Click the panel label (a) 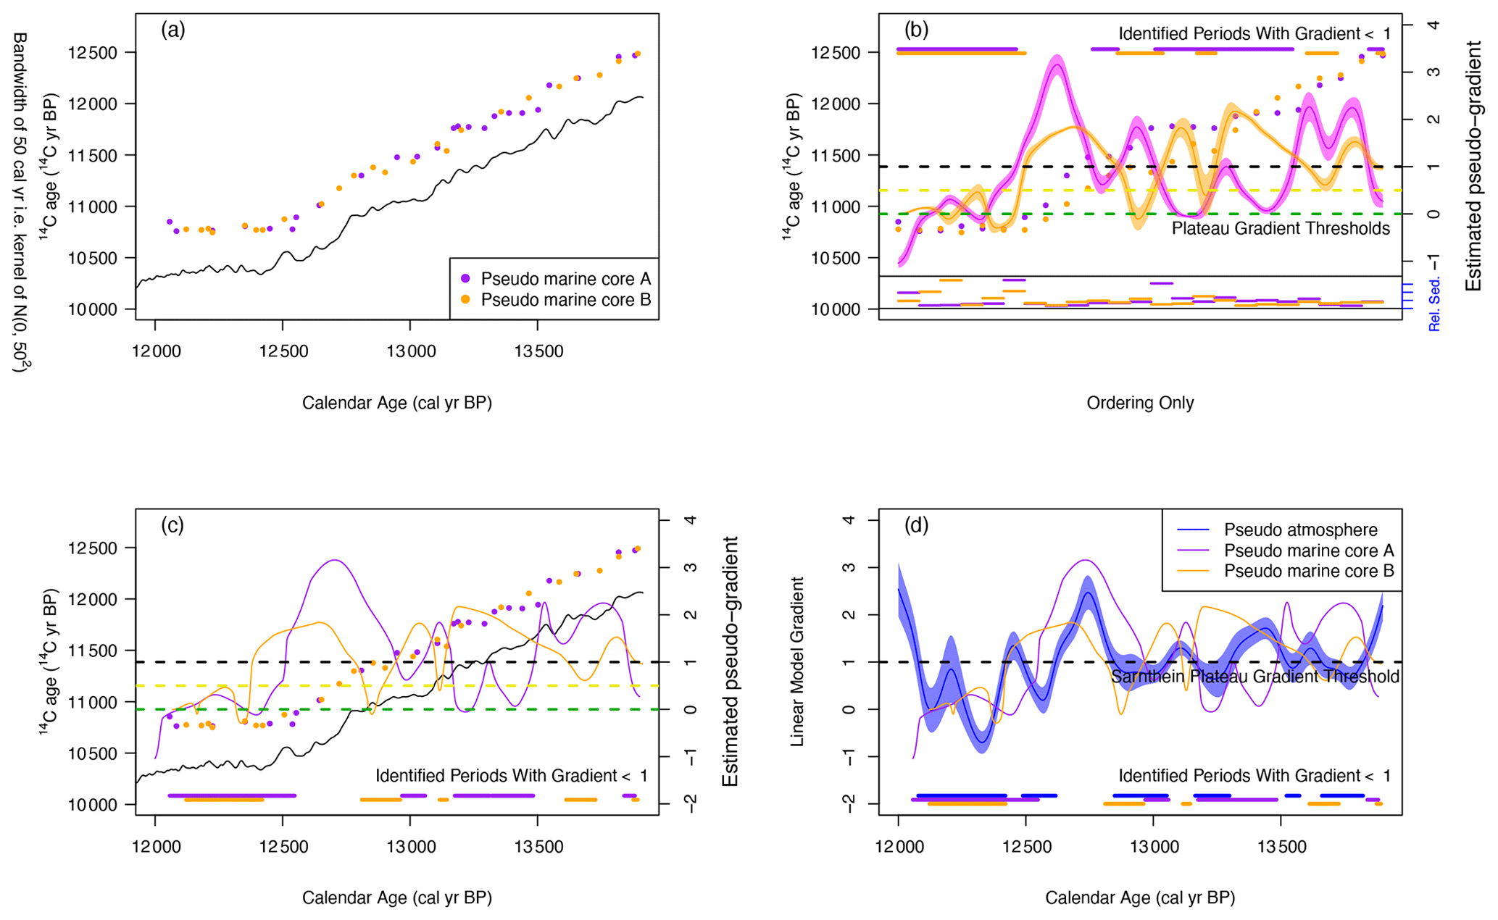(173, 30)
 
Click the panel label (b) (916, 30)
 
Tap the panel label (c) (172, 525)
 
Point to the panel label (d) (916, 525)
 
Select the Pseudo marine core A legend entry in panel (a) (565, 279)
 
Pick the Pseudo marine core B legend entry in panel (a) (565, 300)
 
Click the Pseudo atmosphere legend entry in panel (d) (1300, 530)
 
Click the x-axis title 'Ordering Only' (1140, 403)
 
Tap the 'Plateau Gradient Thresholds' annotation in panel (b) (1281, 229)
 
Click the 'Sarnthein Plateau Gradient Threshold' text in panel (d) (1254, 677)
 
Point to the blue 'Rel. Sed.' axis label (1433, 304)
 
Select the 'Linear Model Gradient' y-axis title (797, 661)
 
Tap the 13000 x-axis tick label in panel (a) (409, 352)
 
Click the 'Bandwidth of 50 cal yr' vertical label (20, 203)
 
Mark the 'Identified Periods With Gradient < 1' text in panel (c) (511, 776)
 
